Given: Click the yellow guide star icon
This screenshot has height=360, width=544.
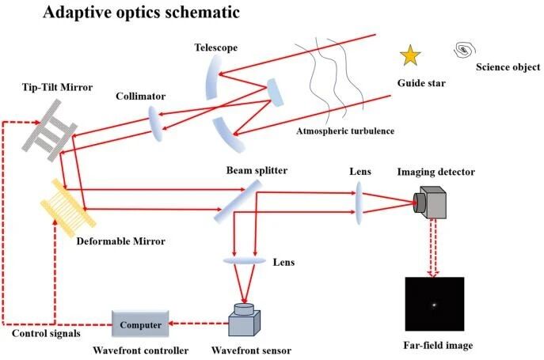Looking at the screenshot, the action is point(410,55).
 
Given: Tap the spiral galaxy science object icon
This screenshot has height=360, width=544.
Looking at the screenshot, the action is point(464,50).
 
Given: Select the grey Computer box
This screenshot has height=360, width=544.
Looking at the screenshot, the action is point(140,324).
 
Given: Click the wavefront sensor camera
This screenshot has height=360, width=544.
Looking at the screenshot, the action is point(244,320).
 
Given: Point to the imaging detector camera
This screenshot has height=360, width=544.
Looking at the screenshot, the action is point(430,203).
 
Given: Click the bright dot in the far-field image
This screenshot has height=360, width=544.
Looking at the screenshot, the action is point(434,305).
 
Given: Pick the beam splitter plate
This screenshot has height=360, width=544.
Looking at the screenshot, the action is point(238,201).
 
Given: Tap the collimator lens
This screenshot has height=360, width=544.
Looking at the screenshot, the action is point(155,123).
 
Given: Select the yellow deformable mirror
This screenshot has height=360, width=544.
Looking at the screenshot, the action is point(68,203).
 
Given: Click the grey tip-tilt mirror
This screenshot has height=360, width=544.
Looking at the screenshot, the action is point(49,130).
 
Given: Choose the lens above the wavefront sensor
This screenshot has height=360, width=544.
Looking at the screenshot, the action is point(244,261).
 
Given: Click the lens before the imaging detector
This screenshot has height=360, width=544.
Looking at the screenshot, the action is point(359,203).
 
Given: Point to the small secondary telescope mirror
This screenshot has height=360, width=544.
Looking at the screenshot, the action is point(276,93).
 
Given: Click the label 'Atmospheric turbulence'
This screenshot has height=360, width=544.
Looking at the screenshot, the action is point(345,131).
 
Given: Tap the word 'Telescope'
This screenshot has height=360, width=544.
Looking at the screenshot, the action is point(216,47).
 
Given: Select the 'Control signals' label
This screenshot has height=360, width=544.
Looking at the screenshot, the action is point(46,334).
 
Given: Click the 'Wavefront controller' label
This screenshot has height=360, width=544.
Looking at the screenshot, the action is point(140,351).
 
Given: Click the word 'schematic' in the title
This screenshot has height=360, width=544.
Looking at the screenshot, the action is point(202,13).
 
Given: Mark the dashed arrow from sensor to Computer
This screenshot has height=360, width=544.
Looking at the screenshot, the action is point(199,324).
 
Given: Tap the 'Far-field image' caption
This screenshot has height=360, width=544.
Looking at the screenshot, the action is point(438,346).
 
